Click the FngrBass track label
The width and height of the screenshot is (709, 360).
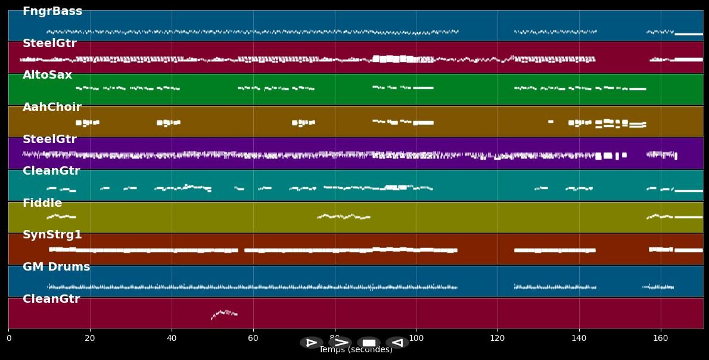(52, 11)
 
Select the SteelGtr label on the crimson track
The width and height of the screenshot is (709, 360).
(49, 44)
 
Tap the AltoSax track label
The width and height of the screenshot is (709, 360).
(47, 75)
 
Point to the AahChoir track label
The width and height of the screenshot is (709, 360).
(52, 107)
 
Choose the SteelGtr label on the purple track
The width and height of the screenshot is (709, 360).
(49, 139)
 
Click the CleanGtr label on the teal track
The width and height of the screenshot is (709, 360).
(51, 171)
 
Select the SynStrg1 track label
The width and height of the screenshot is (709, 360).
(52, 235)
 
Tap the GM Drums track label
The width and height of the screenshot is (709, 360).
(56, 267)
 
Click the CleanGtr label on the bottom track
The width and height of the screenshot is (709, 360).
(51, 299)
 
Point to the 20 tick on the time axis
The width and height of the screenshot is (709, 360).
(90, 339)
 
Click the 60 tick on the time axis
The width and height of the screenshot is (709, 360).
(253, 339)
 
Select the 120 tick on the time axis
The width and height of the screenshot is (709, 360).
(497, 339)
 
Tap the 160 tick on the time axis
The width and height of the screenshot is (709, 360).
(661, 339)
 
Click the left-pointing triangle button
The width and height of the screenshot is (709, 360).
(397, 343)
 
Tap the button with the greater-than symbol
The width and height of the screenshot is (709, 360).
(340, 343)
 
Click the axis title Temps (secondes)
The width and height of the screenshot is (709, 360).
(356, 350)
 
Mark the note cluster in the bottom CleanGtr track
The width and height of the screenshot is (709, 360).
(224, 313)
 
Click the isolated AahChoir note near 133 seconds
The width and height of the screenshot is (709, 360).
(551, 122)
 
